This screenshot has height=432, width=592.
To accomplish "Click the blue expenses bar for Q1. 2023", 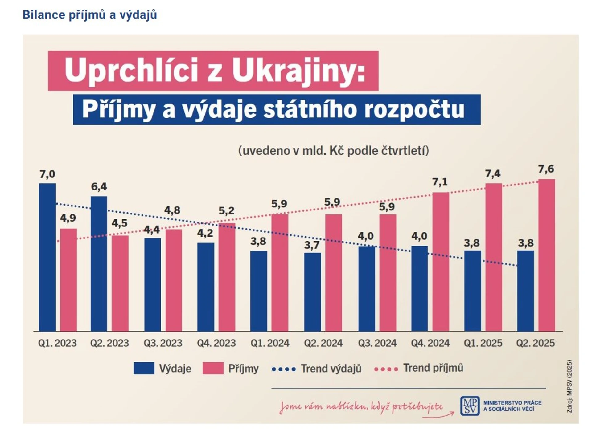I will tap(47, 257).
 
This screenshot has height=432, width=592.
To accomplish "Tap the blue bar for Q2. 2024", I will tap(312, 292).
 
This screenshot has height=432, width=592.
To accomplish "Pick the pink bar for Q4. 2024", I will tap(441, 262).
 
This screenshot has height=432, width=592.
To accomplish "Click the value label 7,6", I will tap(546, 169).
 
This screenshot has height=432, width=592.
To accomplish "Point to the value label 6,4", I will tap(99, 186).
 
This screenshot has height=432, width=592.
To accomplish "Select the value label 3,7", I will tap(312, 245).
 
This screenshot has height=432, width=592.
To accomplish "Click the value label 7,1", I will tap(440, 182).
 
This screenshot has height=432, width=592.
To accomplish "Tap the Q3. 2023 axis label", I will tap(163, 343).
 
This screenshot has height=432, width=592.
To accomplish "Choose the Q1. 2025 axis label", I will tap(483, 343).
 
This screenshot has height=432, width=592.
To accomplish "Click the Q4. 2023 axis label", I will tap(216, 343).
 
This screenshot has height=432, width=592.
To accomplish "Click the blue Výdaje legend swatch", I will tap(144, 368).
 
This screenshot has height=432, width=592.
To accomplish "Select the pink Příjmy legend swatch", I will tap(213, 368).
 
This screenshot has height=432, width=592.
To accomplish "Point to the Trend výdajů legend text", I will tap(331, 369).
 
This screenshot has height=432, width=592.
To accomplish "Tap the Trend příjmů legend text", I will tap(433, 368).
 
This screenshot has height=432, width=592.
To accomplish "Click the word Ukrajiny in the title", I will tap(298, 71).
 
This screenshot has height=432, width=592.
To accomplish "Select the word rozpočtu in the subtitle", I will tap(414, 109).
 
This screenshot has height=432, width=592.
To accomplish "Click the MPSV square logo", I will tap(470, 406).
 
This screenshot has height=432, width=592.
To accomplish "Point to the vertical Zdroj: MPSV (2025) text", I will tap(569, 386).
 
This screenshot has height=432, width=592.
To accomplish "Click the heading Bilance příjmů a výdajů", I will tap(90, 15).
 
